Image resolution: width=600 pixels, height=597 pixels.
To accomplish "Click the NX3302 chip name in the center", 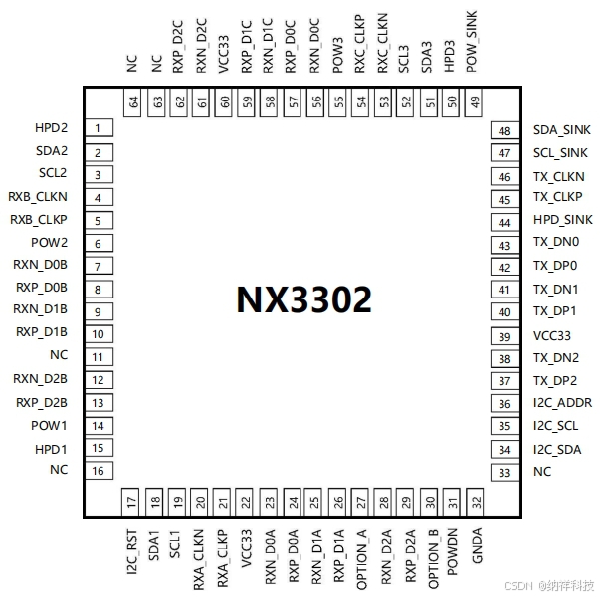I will (303, 299).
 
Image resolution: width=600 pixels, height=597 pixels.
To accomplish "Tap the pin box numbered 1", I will (98, 129).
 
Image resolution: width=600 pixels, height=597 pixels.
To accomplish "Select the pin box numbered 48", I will (504, 131).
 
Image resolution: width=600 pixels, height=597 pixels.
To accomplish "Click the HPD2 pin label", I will (51, 129).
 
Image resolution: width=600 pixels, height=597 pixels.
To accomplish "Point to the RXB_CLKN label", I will (38, 197).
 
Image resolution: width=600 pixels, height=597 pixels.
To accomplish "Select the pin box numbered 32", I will (477, 502).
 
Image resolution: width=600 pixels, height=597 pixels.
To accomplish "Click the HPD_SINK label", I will (562, 221).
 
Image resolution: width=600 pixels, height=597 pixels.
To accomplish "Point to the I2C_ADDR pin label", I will (563, 403).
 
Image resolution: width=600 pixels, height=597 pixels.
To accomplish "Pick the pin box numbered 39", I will (504, 336).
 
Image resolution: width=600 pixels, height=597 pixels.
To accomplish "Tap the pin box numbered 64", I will (133, 101).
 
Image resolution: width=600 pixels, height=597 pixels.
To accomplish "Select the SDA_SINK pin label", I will (561, 130).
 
